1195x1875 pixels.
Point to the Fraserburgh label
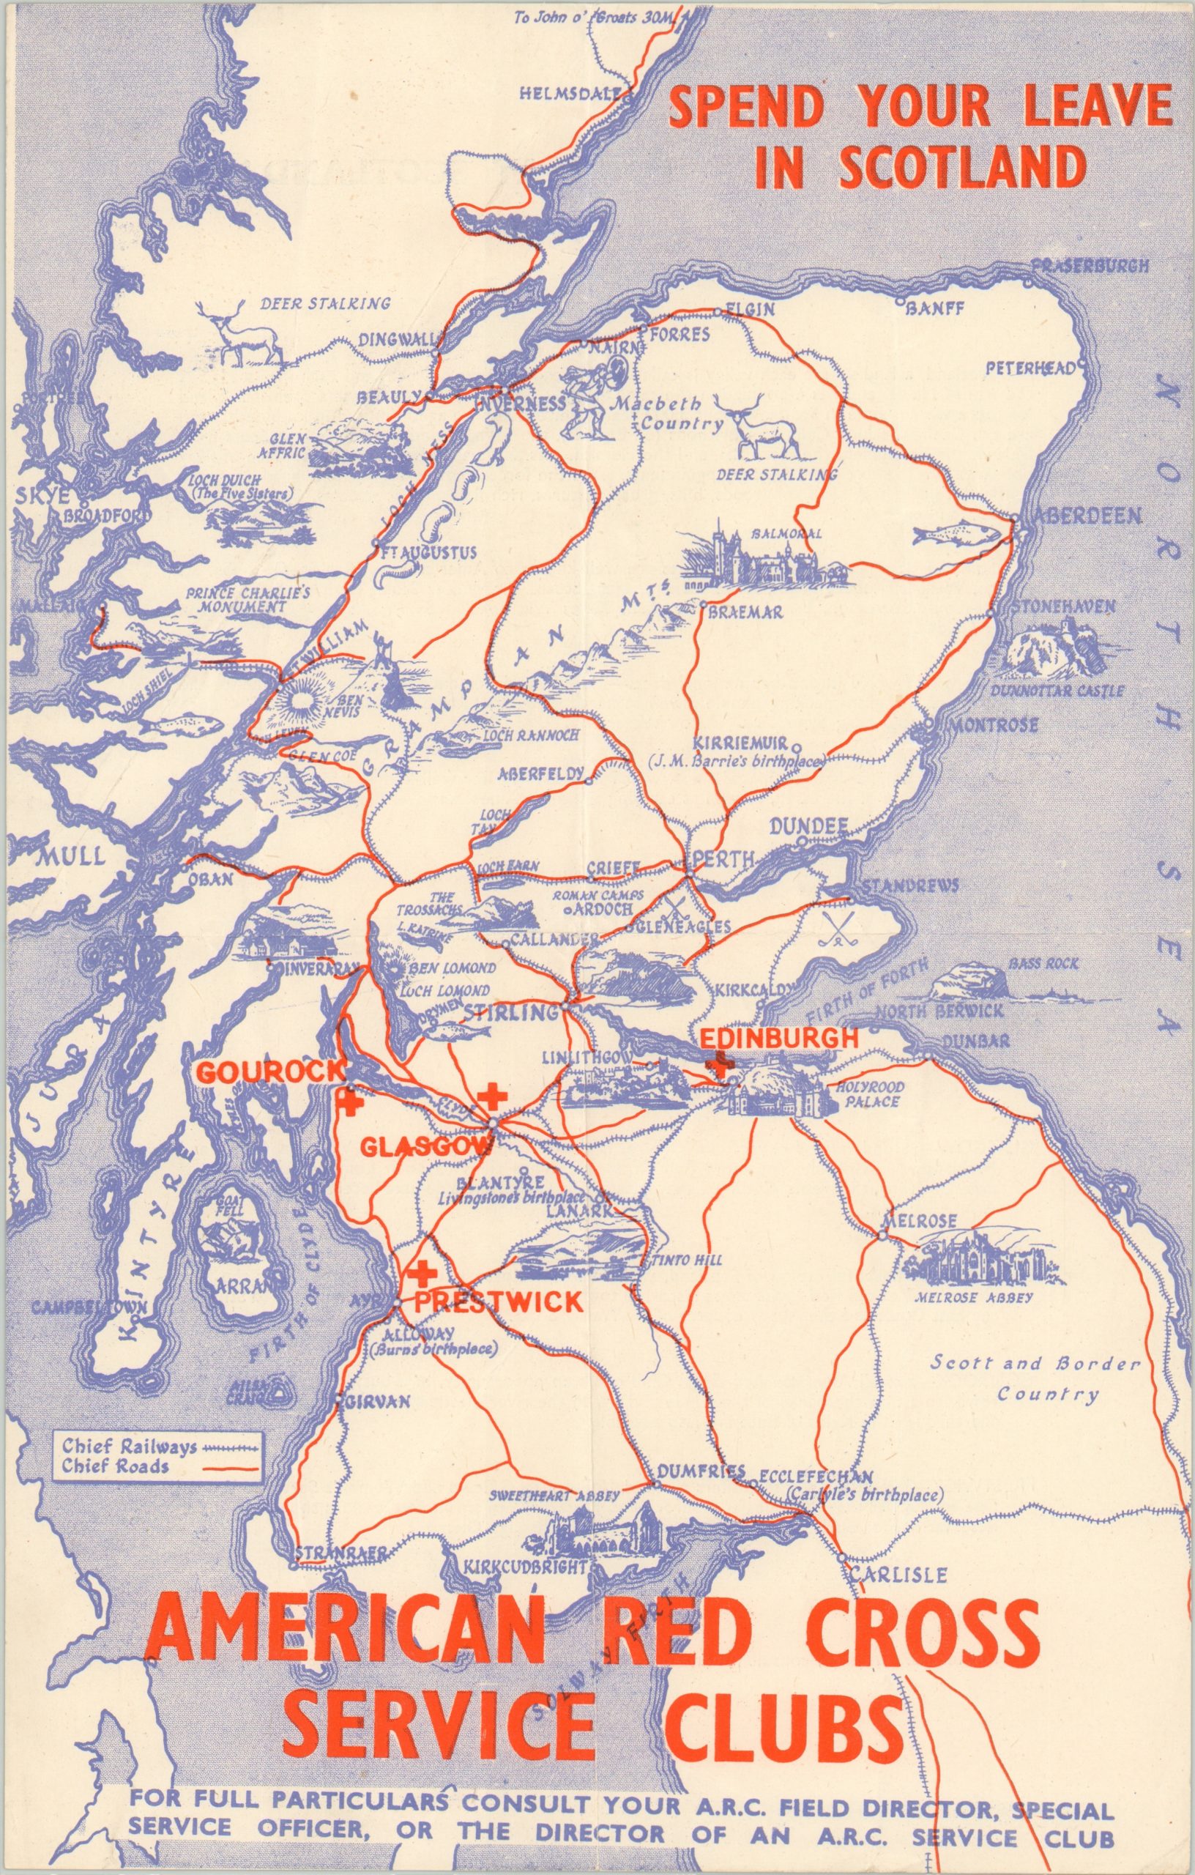(x=1089, y=267)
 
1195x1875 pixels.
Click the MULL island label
(x=70, y=856)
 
